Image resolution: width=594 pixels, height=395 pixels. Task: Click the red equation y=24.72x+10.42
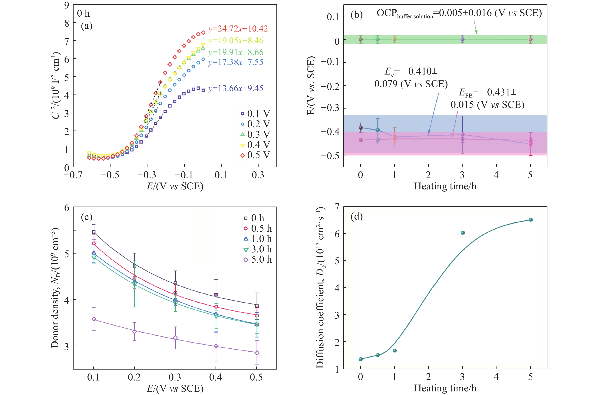click(238, 29)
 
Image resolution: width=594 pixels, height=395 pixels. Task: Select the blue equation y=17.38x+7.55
click(236, 62)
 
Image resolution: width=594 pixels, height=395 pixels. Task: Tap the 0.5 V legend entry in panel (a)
click(255, 155)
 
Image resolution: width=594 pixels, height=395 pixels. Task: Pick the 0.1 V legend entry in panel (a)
click(255, 114)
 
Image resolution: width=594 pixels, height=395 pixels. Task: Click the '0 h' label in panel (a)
click(83, 13)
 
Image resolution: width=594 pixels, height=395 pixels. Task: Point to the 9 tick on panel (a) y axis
click(67, 5)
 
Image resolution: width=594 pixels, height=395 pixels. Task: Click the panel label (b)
click(357, 15)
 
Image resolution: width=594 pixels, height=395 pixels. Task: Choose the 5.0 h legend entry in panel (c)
click(258, 260)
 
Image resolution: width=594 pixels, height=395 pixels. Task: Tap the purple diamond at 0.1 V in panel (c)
click(94, 319)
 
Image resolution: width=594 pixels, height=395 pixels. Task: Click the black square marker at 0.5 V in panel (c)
click(257, 306)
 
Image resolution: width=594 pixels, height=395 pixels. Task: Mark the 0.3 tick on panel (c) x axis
click(175, 377)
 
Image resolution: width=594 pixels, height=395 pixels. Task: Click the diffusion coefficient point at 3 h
click(463, 233)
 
